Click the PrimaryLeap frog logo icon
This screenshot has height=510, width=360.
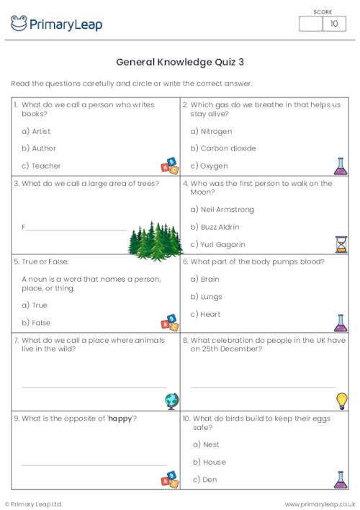[x=19, y=23]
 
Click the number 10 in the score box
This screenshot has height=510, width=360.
[x=333, y=24]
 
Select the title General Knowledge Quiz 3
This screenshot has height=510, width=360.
[x=179, y=62]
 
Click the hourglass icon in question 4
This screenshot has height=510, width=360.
[x=341, y=243]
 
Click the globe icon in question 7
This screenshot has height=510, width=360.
[x=171, y=401]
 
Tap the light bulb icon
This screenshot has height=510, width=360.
[x=341, y=401]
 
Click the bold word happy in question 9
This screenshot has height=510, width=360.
[x=120, y=419]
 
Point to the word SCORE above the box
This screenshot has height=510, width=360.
[x=323, y=12]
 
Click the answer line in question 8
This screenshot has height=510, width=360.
[x=263, y=387]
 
